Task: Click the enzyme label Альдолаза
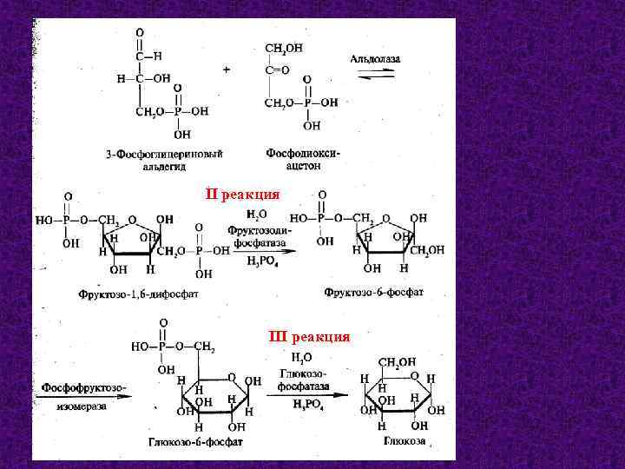click(375, 58)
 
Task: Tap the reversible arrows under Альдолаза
click(376, 76)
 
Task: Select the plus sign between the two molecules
click(227, 70)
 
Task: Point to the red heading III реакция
click(309, 336)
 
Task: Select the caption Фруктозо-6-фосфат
click(374, 293)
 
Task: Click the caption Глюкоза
click(405, 441)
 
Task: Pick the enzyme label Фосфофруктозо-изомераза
click(83, 394)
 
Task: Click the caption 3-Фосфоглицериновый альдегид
click(165, 159)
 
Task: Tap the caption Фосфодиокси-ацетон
click(303, 158)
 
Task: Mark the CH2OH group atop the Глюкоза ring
click(398, 362)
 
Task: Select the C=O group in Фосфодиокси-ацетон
click(277, 66)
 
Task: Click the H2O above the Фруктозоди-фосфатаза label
click(257, 214)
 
